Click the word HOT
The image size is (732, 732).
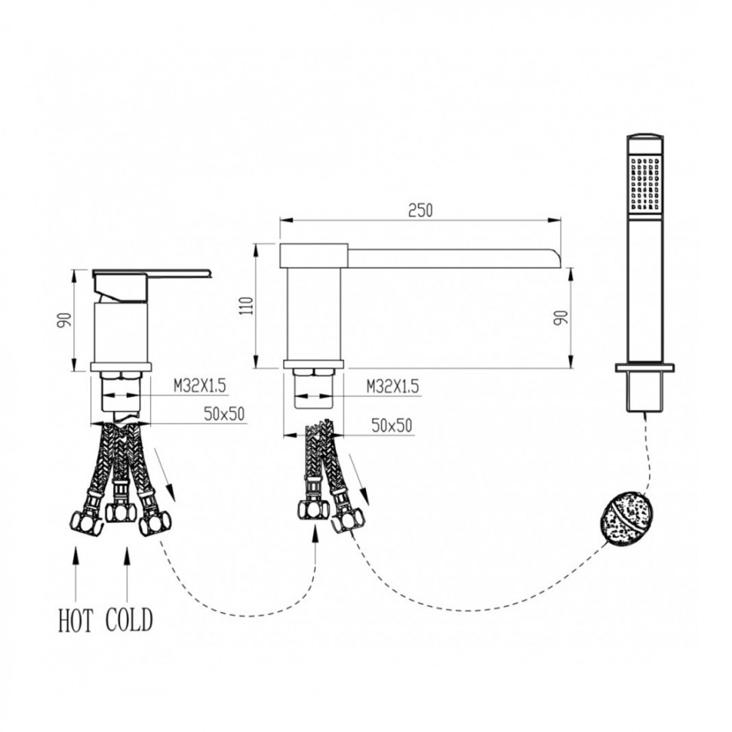75,620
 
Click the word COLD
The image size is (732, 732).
129,620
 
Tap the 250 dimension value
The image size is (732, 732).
420,211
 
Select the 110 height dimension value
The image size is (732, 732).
248,306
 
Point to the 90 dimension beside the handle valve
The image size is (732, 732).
65,320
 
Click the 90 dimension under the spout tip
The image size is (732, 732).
561,318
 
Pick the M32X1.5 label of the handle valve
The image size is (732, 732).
200,386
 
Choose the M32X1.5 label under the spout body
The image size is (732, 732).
392,386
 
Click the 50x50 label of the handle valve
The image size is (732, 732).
224,414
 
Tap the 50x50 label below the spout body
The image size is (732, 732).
392,426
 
